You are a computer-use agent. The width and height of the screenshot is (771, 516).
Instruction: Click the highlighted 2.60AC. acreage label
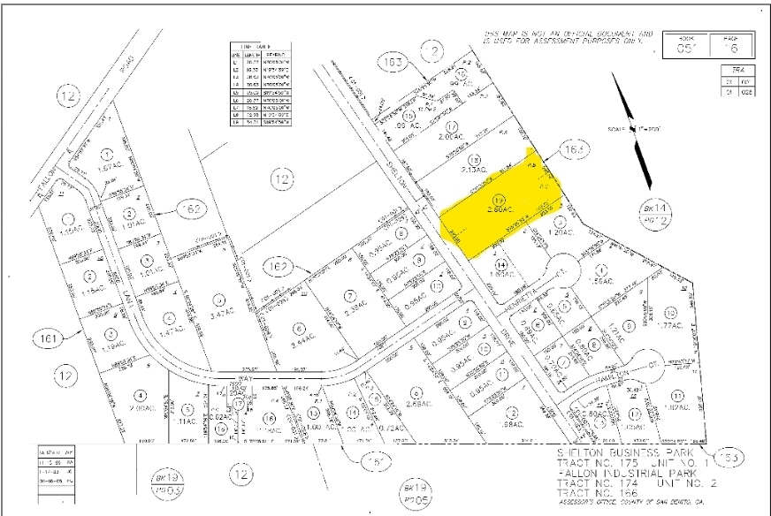497,209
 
